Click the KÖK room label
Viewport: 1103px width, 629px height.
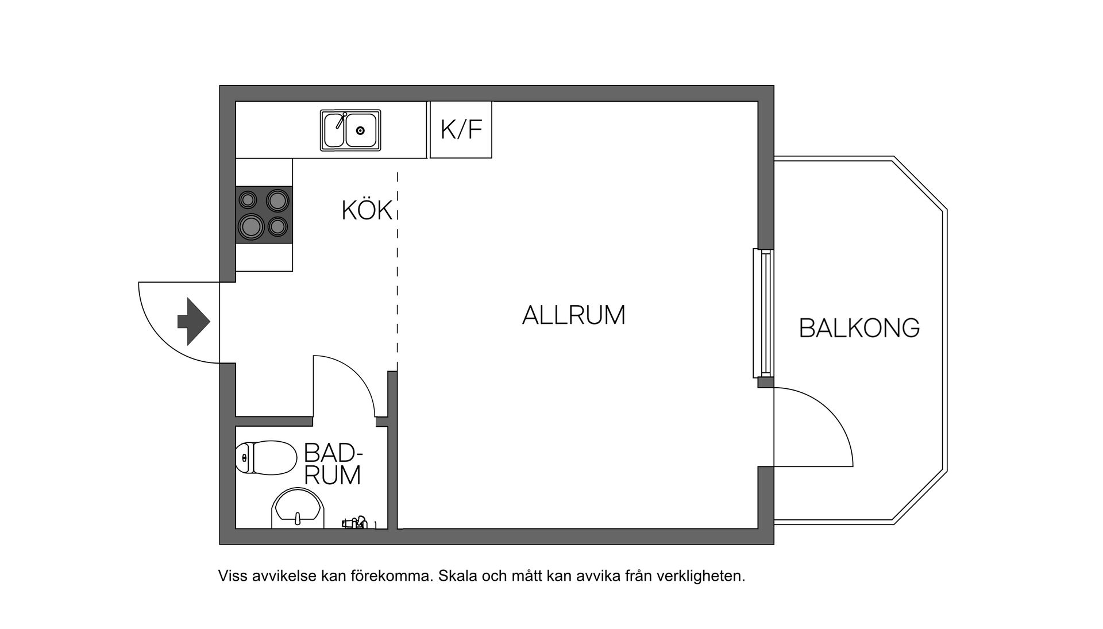(x=367, y=211)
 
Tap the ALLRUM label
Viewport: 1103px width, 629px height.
(x=573, y=315)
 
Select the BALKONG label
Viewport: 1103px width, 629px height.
(x=859, y=328)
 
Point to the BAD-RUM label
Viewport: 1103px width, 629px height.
(x=333, y=464)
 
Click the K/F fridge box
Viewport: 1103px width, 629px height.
(x=461, y=130)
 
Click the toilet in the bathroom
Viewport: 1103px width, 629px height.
(x=265, y=458)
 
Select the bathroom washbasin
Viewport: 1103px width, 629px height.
(x=298, y=508)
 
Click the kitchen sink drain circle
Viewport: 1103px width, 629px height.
(x=360, y=131)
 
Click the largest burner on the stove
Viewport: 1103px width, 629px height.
(x=251, y=226)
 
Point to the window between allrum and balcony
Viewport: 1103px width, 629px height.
(x=763, y=313)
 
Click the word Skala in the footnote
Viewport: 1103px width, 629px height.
(x=458, y=576)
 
